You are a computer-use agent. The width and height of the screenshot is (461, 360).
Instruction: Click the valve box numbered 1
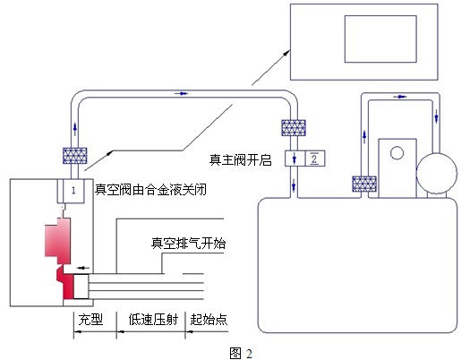pyautogui.click(x=71, y=191)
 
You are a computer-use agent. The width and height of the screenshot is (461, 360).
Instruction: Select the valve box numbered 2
pyautogui.click(x=304, y=159)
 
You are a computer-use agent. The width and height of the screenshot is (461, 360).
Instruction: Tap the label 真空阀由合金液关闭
pyautogui.click(x=150, y=190)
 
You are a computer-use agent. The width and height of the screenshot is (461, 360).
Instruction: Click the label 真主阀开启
pyautogui.click(x=241, y=159)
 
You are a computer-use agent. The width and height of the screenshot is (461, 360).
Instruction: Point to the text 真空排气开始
pyautogui.click(x=189, y=244)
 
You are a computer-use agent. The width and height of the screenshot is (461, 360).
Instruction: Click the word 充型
pyautogui.click(x=90, y=320)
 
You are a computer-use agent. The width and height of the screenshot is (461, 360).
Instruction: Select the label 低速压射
pyautogui.click(x=153, y=320)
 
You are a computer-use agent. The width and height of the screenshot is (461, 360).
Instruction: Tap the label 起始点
pyautogui.click(x=209, y=320)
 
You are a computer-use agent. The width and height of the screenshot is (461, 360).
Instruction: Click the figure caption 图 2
pyautogui.click(x=241, y=354)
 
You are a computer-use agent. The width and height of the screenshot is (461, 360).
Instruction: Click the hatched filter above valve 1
pyautogui.click(x=75, y=156)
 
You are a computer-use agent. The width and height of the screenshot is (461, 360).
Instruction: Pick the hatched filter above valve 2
pyautogui.click(x=294, y=128)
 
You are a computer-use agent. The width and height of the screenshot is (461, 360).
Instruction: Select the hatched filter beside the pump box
pyautogui.click(x=364, y=184)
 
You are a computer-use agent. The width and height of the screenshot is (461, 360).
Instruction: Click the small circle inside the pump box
pyautogui.click(x=397, y=153)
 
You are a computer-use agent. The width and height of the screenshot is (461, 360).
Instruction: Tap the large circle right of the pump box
pyautogui.click(x=437, y=174)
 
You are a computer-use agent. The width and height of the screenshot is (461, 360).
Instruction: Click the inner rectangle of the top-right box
pyautogui.click(x=380, y=39)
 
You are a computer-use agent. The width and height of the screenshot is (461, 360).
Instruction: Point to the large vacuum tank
pyautogui.click(x=357, y=265)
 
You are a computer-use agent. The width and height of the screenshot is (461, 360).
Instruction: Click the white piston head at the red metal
pyautogui.click(x=81, y=287)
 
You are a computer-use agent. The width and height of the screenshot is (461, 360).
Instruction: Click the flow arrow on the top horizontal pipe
pyautogui.click(x=182, y=93)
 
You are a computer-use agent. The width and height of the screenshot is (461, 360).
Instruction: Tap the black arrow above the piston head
pyautogui.click(x=83, y=268)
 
